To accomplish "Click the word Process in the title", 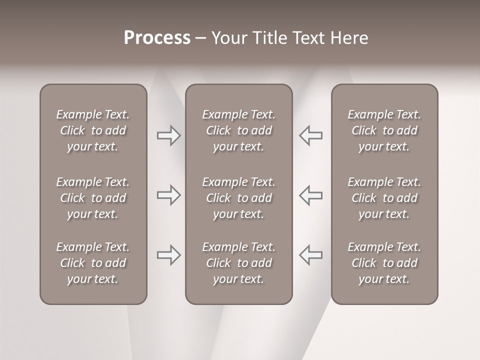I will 157,37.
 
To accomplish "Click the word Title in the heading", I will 267,38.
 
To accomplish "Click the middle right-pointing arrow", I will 168,195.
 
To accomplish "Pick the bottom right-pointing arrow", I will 168,255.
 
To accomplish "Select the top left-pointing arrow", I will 311,135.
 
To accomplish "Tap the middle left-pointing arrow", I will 311,195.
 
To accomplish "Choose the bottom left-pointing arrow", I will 311,254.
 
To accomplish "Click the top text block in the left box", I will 93,130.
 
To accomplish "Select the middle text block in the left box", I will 93,198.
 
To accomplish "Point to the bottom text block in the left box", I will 93,263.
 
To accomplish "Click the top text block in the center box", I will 239,130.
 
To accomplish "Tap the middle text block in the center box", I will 239,198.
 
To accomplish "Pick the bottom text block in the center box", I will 239,263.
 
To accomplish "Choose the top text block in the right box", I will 384,130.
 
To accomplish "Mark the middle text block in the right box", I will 384,198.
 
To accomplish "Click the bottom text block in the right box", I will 384,263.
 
